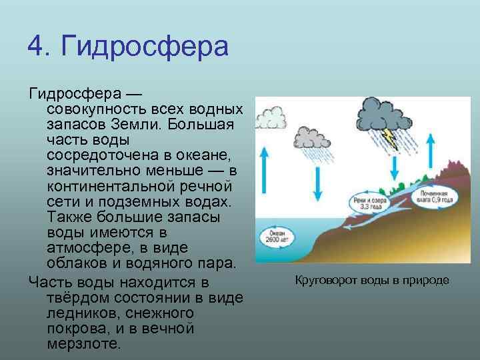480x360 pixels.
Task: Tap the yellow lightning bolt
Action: click(391, 138)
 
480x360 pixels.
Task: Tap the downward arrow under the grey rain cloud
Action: click(319, 177)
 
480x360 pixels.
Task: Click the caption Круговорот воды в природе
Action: click(372, 279)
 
